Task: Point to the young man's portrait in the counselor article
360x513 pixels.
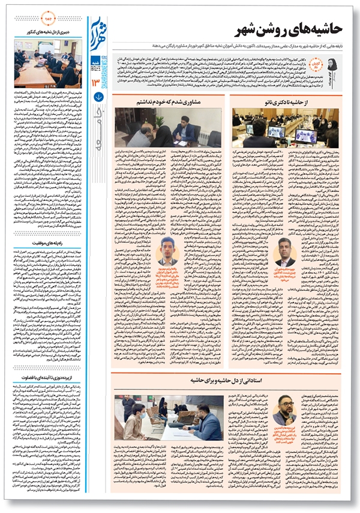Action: [x=169, y=251]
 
